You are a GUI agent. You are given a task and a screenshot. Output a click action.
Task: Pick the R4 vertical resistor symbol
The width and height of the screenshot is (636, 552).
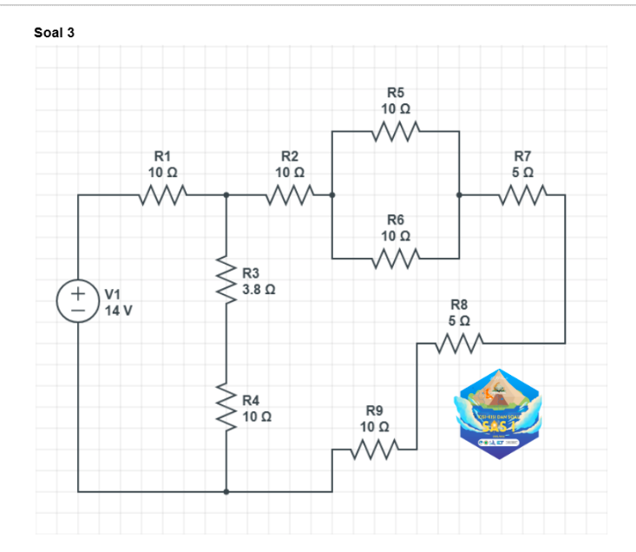[226, 407]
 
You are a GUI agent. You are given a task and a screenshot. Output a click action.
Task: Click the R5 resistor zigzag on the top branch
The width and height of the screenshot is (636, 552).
[395, 132]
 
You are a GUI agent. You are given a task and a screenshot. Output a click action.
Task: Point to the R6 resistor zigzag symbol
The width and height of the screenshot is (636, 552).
[395, 259]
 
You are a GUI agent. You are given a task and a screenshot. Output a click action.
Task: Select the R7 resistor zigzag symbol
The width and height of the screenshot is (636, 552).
[522, 195]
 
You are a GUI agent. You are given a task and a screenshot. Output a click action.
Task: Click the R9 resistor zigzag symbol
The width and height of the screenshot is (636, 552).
[374, 449]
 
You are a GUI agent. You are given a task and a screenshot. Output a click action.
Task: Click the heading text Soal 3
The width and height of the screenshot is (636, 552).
[55, 33]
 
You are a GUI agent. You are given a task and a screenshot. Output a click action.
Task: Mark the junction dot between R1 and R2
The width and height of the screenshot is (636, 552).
[226, 195]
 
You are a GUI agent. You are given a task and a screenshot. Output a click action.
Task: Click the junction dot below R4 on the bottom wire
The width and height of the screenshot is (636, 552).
[226, 491]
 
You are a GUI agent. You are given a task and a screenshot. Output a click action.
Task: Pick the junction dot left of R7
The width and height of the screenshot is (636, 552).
[459, 195]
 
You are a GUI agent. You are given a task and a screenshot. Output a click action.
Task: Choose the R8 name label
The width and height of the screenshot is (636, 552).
[459, 304]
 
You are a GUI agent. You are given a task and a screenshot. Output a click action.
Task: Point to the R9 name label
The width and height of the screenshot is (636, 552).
[374, 410]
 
